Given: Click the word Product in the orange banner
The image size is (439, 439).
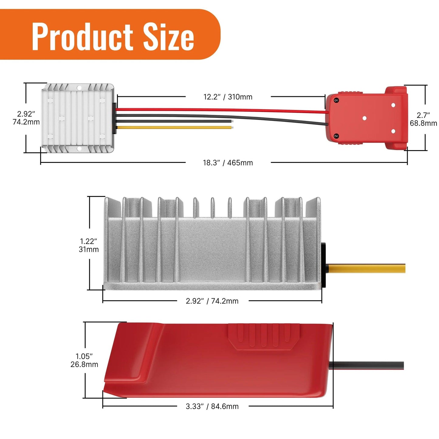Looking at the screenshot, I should pos(82,37).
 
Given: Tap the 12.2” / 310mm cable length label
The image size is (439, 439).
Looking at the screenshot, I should pos(228,97).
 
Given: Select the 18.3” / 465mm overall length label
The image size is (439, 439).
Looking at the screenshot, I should pos(228,163).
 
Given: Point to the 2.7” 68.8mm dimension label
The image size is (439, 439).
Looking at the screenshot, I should pos(423,119).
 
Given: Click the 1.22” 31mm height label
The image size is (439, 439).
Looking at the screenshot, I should pos(89,245).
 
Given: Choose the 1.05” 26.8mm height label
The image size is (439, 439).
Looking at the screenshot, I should pos(84,360).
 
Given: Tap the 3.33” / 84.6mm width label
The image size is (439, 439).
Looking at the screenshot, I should pos(212,406).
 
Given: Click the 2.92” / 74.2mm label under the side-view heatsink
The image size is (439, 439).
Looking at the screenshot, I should pos(212,301).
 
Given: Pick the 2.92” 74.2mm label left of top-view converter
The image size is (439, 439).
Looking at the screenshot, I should pos(26,118).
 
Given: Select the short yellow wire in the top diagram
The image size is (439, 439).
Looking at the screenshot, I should pos(173,127).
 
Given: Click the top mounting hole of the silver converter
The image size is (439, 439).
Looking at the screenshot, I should pos(79,88).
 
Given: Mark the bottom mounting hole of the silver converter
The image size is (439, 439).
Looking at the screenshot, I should pos(79,149).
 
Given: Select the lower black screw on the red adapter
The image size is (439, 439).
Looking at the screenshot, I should pos(336,136).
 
